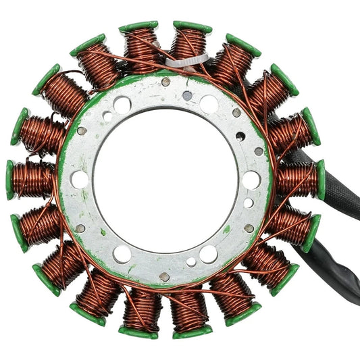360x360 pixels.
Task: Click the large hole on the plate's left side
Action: (x=80, y=180)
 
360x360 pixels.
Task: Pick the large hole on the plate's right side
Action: (x=251, y=180)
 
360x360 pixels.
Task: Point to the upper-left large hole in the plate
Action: (x=122, y=105)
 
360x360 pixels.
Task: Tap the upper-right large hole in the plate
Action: (x=209, y=104)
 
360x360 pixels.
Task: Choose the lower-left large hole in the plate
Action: (x=122, y=254)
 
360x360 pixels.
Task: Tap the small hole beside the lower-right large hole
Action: (x=191, y=261)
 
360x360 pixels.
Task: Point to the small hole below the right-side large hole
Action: (x=249, y=203)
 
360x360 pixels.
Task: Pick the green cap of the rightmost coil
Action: (x=321, y=180)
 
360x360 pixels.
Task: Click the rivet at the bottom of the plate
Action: (x=165, y=276)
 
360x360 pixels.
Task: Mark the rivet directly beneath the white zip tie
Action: (x=166, y=82)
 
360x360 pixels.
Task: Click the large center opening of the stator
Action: (x=165, y=179)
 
